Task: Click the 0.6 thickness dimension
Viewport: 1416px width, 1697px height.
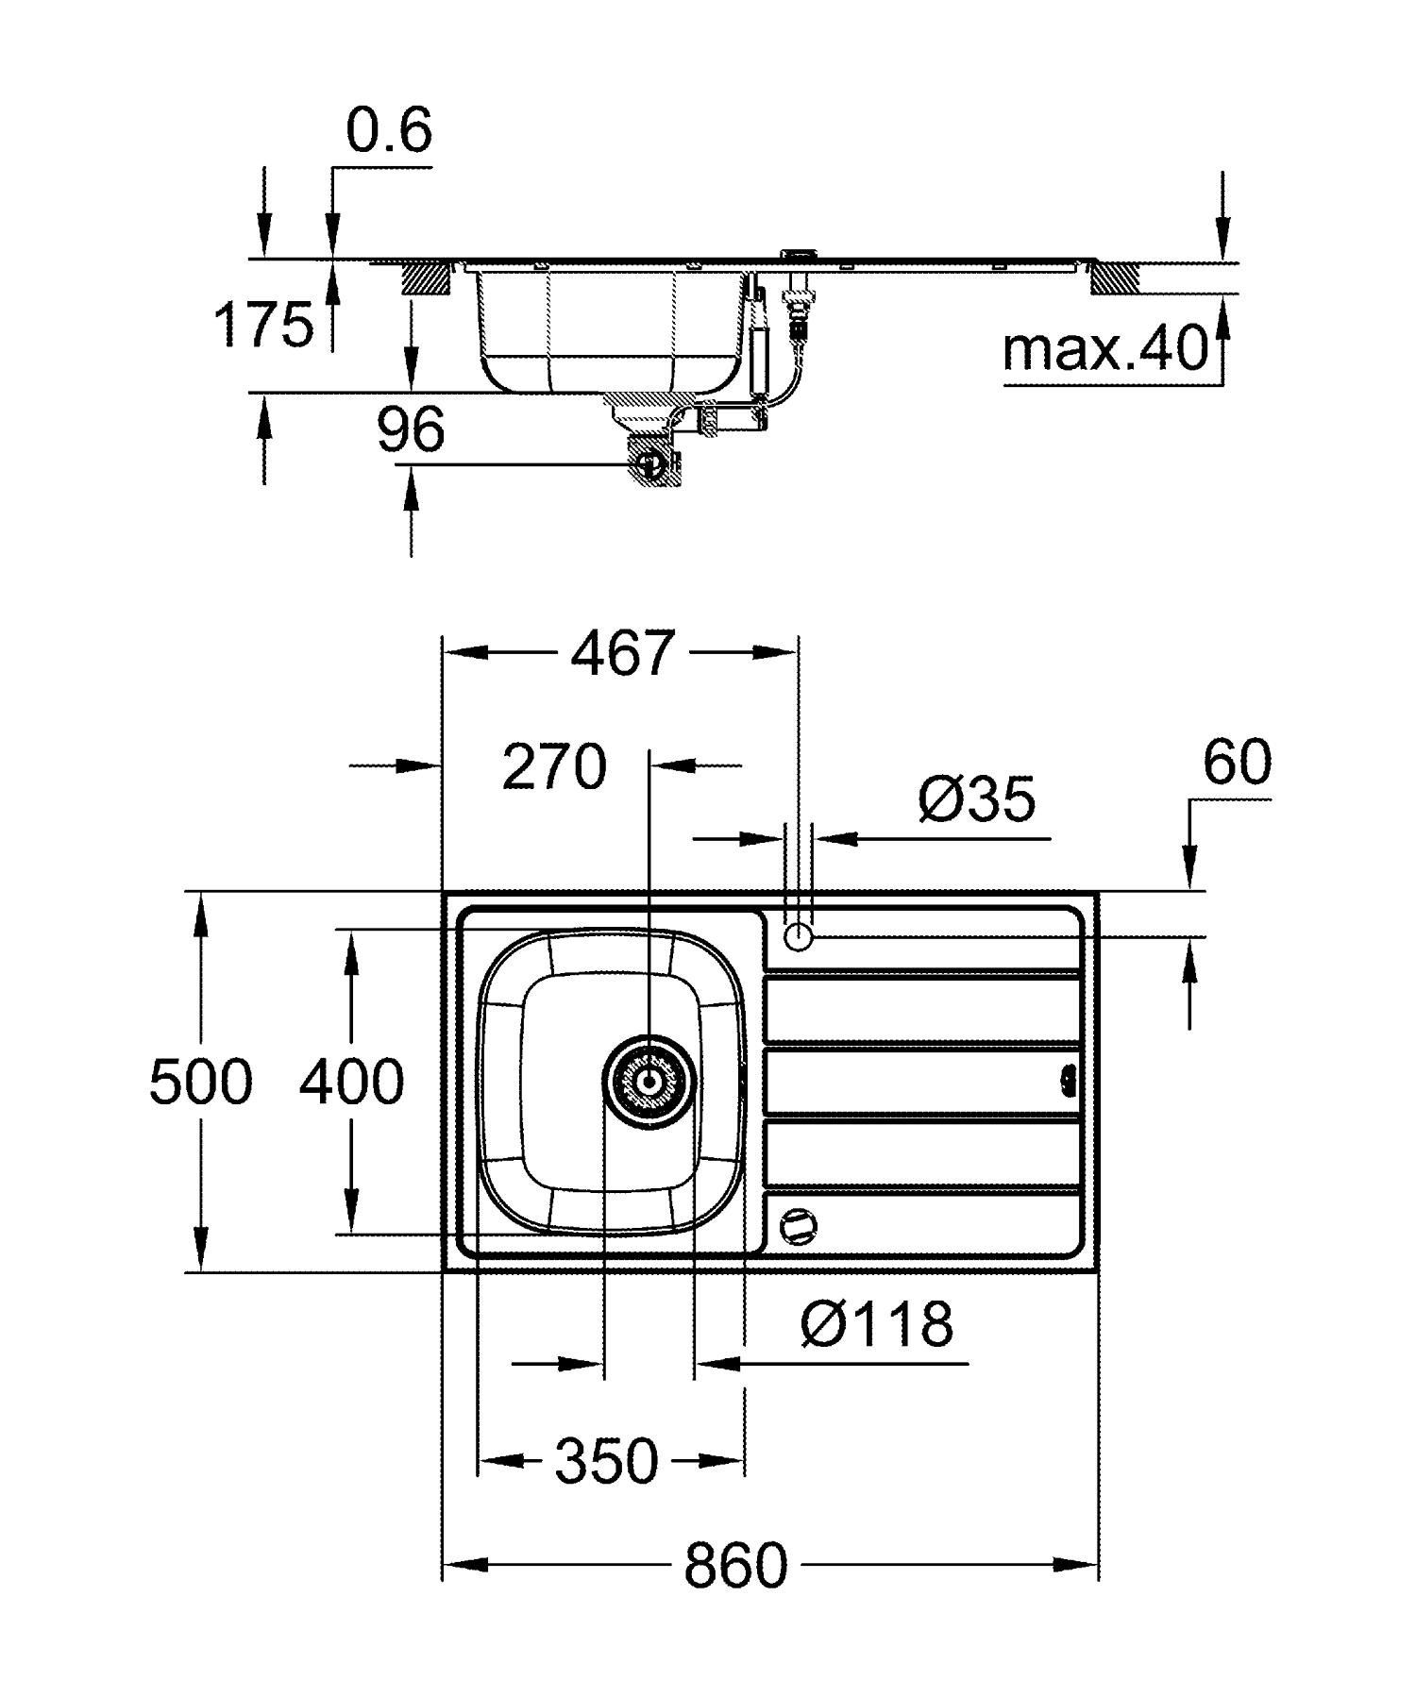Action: tap(389, 130)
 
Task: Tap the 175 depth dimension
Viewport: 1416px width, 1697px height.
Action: tap(263, 325)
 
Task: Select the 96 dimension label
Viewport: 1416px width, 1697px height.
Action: tap(411, 430)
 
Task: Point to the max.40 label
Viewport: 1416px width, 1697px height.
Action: tap(1105, 348)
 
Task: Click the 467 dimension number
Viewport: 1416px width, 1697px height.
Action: tap(624, 653)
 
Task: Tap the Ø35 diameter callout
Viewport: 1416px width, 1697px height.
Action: tap(976, 800)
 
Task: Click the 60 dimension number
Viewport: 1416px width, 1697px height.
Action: tap(1237, 763)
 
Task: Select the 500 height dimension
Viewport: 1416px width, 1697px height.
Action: tap(201, 1082)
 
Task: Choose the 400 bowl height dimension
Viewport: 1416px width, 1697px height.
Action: tap(351, 1082)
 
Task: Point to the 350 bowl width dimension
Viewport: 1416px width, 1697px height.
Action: tap(606, 1461)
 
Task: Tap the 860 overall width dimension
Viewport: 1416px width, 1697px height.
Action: tap(735, 1567)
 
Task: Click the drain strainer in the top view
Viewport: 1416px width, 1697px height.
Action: tap(649, 1082)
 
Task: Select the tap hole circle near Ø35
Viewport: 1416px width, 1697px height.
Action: tap(799, 937)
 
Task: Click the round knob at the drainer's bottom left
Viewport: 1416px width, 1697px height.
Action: tap(798, 1226)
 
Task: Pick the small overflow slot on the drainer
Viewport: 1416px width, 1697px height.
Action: tap(1069, 1079)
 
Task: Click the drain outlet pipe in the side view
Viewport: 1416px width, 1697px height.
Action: tap(650, 463)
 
